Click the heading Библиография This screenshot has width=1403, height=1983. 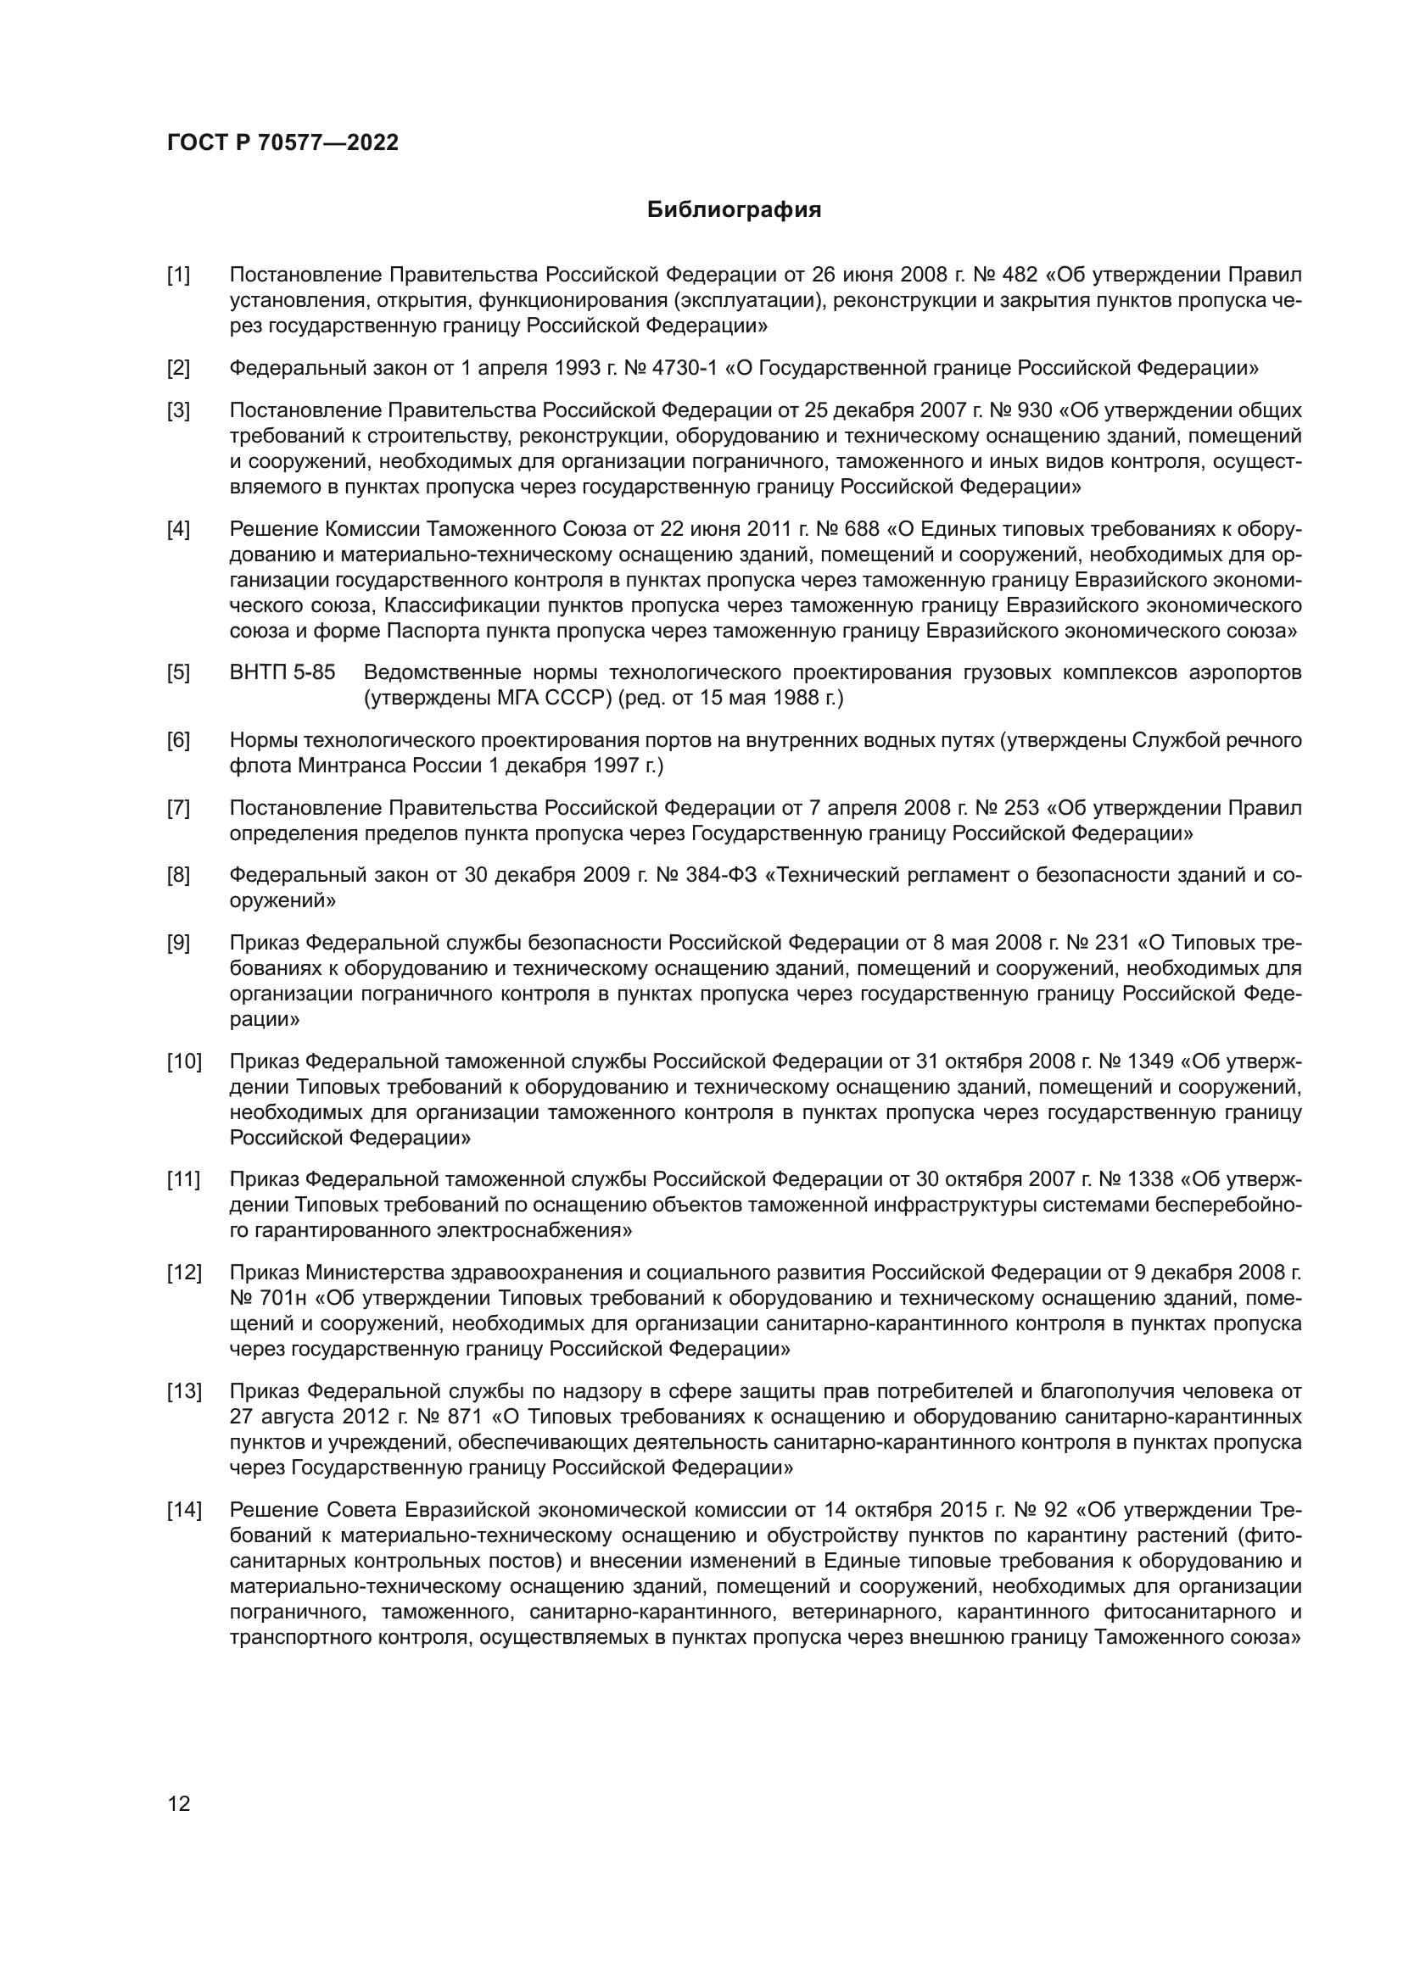(x=734, y=210)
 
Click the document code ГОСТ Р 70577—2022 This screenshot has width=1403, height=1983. (x=282, y=143)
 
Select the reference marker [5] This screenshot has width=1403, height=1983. (x=178, y=672)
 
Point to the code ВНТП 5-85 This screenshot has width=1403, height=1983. (x=282, y=672)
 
